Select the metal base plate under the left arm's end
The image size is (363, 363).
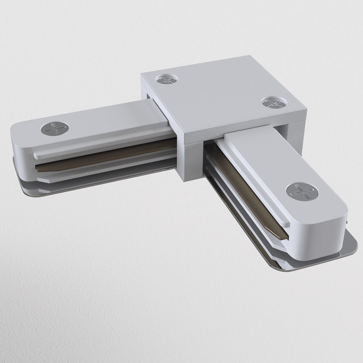click(25, 181)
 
